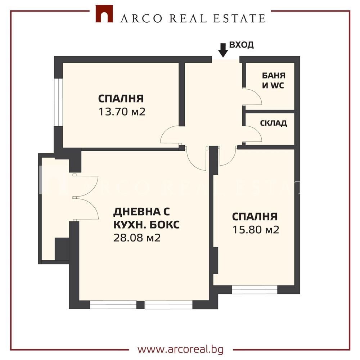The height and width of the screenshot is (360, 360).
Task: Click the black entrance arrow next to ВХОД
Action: click(x=223, y=50)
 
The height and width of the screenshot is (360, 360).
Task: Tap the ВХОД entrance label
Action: click(x=242, y=45)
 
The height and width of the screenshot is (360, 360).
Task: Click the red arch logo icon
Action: click(x=104, y=14)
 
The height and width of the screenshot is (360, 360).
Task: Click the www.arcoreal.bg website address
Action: click(x=180, y=349)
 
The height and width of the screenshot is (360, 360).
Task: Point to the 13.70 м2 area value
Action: click(x=122, y=112)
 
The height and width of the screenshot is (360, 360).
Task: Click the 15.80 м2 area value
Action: click(x=256, y=230)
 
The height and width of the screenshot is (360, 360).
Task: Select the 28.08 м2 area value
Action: click(x=137, y=238)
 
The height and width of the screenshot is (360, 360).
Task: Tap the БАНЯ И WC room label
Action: click(x=273, y=81)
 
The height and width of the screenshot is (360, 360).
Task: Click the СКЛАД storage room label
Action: click(x=273, y=123)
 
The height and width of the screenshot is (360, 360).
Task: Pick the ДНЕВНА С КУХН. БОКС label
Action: click(x=146, y=218)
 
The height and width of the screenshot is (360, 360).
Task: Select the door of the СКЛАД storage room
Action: click(x=253, y=134)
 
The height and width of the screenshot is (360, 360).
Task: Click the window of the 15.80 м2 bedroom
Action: click(x=255, y=289)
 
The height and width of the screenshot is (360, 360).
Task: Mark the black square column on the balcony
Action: click(x=62, y=249)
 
